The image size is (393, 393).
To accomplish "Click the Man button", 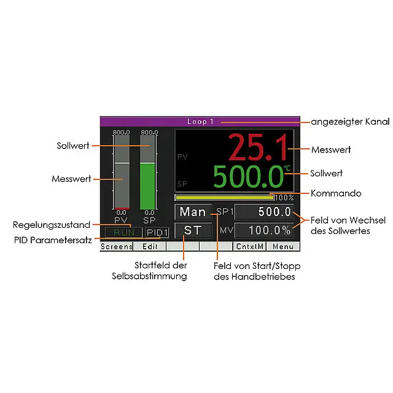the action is (193, 212).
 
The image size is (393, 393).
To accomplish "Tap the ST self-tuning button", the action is (193, 231).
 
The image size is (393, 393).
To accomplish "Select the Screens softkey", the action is (117, 247).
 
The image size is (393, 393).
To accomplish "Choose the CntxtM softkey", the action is (250, 247).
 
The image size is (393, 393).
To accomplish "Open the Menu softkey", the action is (283, 247).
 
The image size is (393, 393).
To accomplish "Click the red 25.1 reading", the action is (258, 147).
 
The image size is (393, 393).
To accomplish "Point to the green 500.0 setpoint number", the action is (248, 177).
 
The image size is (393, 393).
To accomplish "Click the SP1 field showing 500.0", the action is (264, 212).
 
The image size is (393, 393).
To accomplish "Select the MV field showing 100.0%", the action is (264, 231).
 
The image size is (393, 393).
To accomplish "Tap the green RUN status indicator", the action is (124, 233).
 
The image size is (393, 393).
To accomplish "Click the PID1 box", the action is (157, 233).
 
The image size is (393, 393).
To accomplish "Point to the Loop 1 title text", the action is (200, 122).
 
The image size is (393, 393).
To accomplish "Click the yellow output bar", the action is (225, 198).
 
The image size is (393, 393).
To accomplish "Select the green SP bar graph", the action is (147, 186).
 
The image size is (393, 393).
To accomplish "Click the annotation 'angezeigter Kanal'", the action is (350, 122).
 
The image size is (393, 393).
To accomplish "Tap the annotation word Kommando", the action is (336, 193).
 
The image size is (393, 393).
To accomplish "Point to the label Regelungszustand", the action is (52, 225).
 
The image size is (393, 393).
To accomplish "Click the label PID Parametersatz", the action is (53, 240).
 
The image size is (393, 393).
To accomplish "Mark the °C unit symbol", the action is (287, 168).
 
